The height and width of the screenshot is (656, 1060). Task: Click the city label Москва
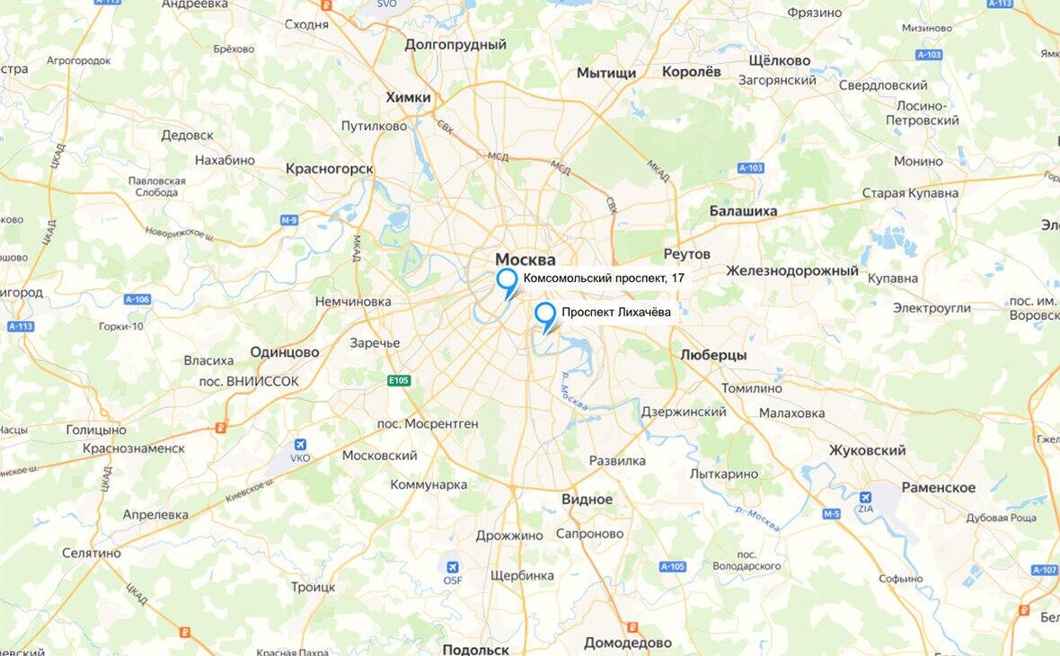coord(526,260)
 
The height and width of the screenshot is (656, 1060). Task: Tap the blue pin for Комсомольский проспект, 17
coord(508,279)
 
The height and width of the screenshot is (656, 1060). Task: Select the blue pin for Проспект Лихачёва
coord(545,315)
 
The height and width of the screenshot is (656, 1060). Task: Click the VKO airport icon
coord(300,445)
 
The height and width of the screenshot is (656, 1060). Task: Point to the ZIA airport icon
coord(866,497)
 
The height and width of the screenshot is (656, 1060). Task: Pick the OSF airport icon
coord(453,568)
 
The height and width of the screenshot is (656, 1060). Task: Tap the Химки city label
coord(408,97)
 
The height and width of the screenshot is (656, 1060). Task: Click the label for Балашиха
coord(743,211)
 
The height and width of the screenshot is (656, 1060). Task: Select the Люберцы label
coord(713,355)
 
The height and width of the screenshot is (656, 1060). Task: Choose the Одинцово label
coord(285,352)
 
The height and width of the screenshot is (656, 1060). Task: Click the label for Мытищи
coord(606,73)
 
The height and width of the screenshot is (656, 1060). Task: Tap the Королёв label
coord(692,72)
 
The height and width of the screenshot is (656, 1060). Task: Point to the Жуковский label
coord(867,450)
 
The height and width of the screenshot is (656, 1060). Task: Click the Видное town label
coord(587,499)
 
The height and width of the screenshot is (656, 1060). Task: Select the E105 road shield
coord(399,381)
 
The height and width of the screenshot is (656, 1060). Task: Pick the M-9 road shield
coord(288,220)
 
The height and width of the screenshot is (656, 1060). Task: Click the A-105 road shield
coord(673,567)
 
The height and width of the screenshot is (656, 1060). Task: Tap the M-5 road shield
coord(830,514)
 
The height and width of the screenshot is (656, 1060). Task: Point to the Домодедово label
coord(628,643)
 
